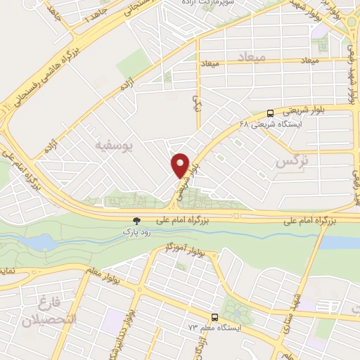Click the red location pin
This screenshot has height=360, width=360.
(181, 165)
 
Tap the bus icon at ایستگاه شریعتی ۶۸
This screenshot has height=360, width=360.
(271, 113)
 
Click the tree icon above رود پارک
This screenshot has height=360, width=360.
(136, 221)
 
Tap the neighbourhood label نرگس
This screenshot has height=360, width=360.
(292, 163)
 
